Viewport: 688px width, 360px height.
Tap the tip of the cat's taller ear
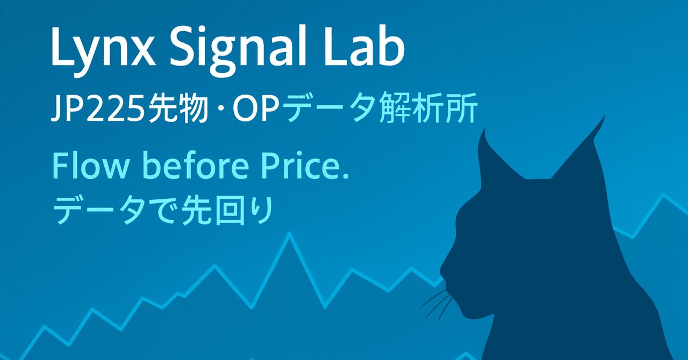tap(604, 116)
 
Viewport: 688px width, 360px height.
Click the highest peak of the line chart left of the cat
tap(289, 234)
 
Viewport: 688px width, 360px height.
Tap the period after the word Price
tap(345, 176)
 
